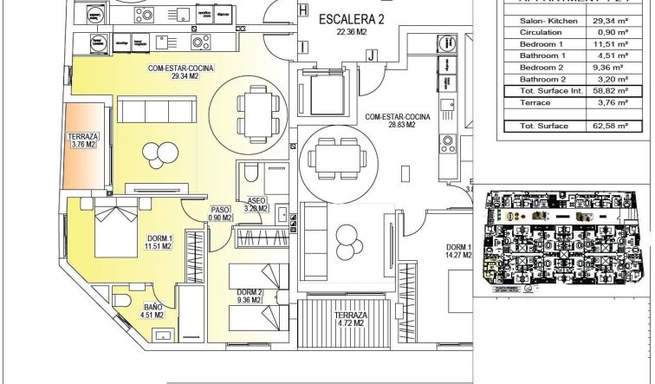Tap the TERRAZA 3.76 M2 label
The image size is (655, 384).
pyautogui.click(x=83, y=141)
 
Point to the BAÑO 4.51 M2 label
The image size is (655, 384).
pyautogui.click(x=153, y=311)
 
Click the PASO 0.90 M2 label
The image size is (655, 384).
pyautogui.click(x=221, y=213)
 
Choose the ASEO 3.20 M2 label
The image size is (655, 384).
pyautogui.click(x=257, y=205)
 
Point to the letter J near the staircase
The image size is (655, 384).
pyautogui.click(x=370, y=55)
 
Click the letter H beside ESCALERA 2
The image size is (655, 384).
pyautogui.click(x=302, y=10)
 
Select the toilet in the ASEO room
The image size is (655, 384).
pyautogui.click(x=250, y=175)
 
